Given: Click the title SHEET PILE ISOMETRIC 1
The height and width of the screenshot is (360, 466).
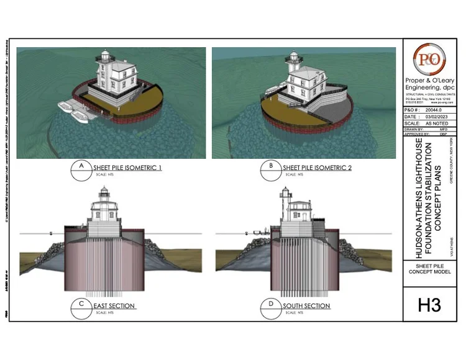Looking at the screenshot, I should point(127,168).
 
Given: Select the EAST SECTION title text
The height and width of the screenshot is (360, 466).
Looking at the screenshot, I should point(115,307).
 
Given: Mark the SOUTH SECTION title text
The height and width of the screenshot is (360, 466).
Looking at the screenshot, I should point(306,307).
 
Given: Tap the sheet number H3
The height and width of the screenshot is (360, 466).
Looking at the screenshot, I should point(429,305).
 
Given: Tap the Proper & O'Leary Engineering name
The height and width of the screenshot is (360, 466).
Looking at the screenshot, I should point(429,84).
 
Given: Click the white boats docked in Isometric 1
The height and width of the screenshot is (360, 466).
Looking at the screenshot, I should point(73,111).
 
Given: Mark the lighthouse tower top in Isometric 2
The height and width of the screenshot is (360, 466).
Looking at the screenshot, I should point(293,58).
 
